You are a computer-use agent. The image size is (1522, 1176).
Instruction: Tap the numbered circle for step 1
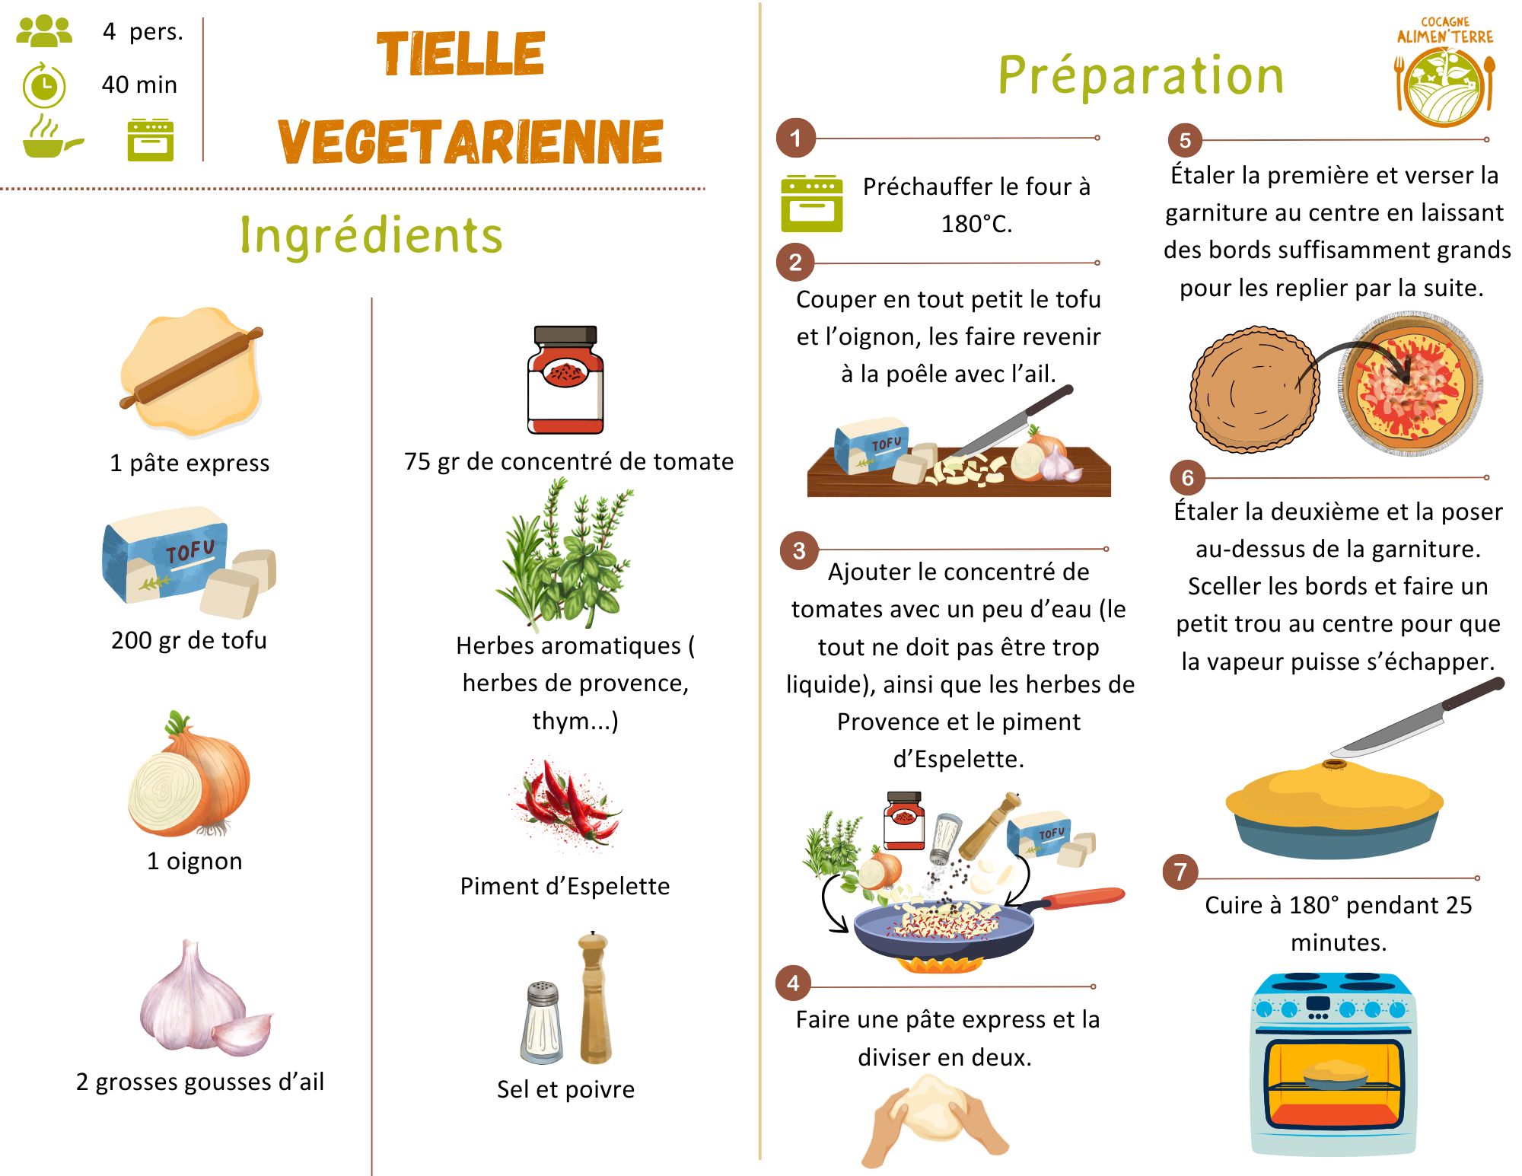pyautogui.click(x=795, y=139)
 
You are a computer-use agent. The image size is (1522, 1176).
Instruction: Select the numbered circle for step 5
pyautogui.click(x=1185, y=140)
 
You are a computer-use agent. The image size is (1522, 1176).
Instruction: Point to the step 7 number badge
pyautogui.click(x=1180, y=872)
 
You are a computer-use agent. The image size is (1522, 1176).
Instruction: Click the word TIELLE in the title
pyautogui.click(x=460, y=54)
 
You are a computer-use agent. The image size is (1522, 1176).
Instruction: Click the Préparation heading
pyautogui.click(x=1140, y=75)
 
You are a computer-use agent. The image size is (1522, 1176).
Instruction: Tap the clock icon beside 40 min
pyautogui.click(x=44, y=86)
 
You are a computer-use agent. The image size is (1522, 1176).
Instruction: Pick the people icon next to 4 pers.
pyautogui.click(x=44, y=31)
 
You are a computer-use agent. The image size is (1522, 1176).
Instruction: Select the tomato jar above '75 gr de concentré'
pyautogui.click(x=565, y=381)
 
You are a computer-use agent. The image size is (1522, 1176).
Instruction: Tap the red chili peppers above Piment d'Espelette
pyautogui.click(x=567, y=803)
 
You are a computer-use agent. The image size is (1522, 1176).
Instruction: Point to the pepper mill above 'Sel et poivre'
pyautogui.click(x=594, y=997)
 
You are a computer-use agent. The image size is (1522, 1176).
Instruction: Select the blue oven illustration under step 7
pyautogui.click(x=1333, y=1066)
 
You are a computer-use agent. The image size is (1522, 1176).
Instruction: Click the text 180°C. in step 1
pyautogui.click(x=976, y=224)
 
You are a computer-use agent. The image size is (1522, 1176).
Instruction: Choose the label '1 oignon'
pyautogui.click(x=195, y=861)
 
